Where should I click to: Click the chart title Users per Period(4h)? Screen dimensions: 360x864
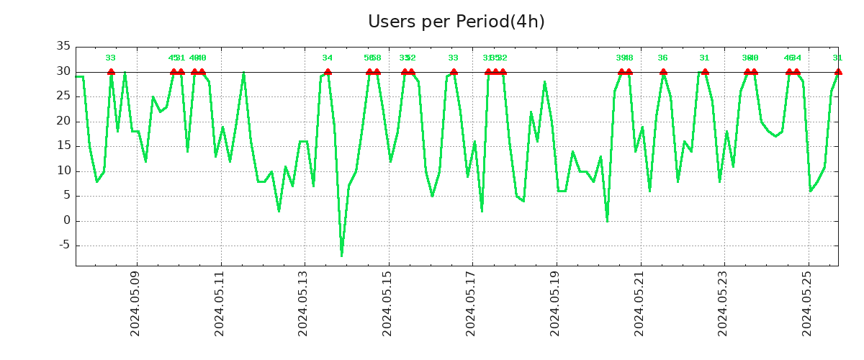coord(456,22)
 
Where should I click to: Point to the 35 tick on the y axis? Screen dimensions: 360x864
coord(63,47)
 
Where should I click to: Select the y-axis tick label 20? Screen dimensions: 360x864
coord(63,121)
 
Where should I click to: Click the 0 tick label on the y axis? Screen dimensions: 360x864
coord(67,220)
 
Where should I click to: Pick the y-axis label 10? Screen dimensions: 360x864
coord(63,171)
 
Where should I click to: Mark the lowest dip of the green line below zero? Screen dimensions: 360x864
coord(341,255)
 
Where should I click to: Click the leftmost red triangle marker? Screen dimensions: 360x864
coord(111,71)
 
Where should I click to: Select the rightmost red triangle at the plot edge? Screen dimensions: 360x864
coord(838,71)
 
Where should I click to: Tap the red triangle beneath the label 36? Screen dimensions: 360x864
coord(663,71)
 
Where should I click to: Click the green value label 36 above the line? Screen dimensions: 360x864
coord(662,58)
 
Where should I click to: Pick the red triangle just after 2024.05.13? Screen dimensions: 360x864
coord(328,71)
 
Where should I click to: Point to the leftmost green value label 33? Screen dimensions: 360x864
coord(110,58)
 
